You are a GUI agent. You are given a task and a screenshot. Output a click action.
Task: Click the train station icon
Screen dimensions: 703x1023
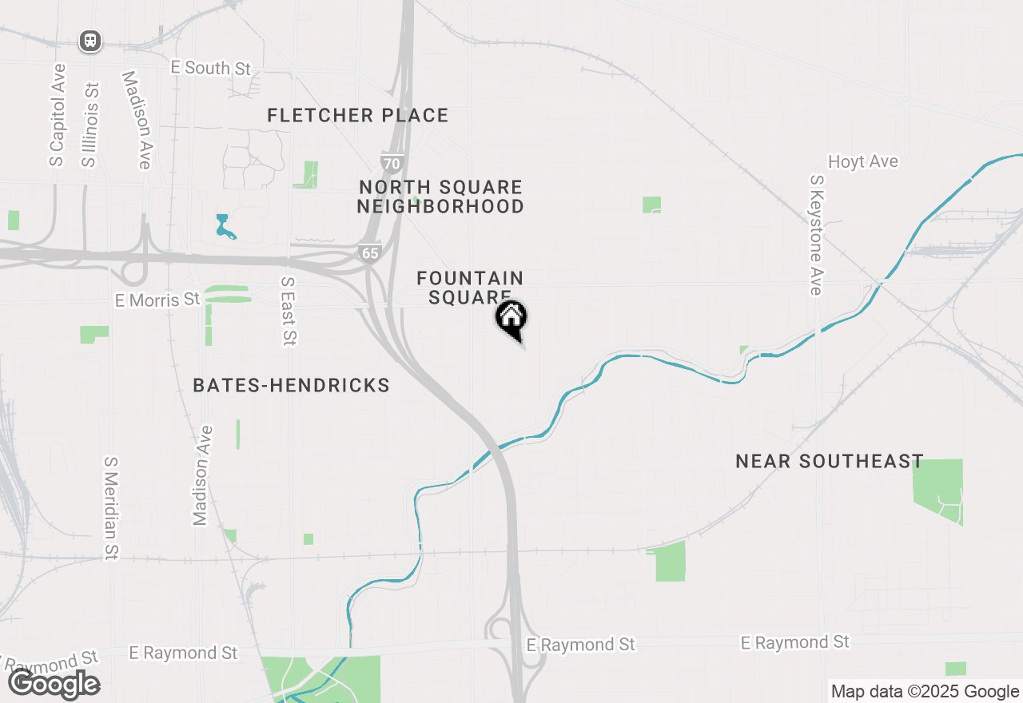tap(90, 41)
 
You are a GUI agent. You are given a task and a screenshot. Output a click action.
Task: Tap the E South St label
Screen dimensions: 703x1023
tap(211, 68)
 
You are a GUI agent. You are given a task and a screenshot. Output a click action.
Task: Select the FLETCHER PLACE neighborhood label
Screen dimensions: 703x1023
tap(358, 116)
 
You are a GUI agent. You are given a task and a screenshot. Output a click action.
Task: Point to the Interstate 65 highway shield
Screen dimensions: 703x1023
tap(369, 252)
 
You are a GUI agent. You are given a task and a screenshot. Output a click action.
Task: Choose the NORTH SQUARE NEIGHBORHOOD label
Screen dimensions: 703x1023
tap(441, 197)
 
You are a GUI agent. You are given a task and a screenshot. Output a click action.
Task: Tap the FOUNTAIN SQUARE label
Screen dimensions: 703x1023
tap(470, 288)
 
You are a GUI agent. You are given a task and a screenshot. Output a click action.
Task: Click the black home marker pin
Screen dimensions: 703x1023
tap(511, 318)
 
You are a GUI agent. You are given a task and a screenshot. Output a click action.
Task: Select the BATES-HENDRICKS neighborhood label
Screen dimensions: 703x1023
tap(292, 386)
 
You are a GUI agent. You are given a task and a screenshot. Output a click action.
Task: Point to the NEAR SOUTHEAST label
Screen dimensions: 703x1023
tap(830, 462)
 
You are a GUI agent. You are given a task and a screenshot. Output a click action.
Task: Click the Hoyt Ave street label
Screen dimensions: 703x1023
tap(863, 162)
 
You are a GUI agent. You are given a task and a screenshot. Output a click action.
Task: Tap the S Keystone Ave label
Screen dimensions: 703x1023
tap(816, 236)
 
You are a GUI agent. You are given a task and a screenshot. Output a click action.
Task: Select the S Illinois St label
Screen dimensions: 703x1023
tap(90, 125)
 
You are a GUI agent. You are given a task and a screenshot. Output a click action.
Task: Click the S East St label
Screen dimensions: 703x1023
tap(289, 312)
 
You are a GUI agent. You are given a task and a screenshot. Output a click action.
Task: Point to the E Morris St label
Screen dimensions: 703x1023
tap(157, 300)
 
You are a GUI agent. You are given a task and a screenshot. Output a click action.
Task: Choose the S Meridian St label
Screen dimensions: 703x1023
tap(111, 508)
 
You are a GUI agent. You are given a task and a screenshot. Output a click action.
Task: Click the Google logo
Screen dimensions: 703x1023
tap(54, 685)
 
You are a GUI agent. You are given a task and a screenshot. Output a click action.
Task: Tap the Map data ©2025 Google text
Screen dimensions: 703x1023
tap(925, 692)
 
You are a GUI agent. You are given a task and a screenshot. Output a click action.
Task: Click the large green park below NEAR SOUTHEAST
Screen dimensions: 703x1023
tap(937, 491)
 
